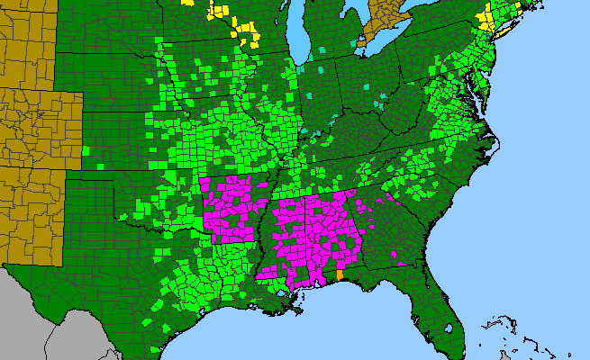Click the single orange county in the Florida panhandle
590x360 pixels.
pyautogui.click(x=340, y=274)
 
